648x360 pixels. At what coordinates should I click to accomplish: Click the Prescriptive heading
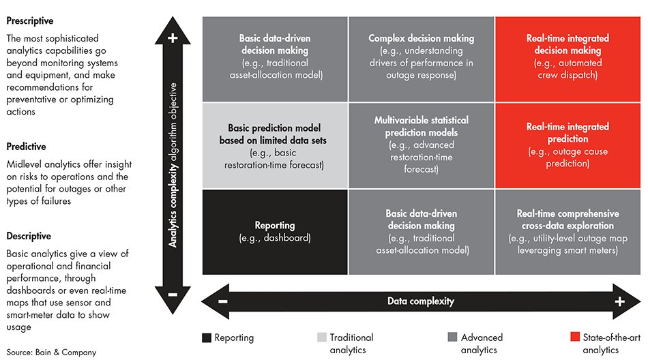click(29, 21)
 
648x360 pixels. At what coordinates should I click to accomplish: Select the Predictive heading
click(26, 147)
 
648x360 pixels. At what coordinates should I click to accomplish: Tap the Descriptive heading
click(29, 236)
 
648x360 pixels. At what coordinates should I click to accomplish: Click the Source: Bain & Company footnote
click(51, 352)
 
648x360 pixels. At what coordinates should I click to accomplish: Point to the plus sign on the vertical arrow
click(173, 38)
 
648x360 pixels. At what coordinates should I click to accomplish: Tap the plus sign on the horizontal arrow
click(619, 301)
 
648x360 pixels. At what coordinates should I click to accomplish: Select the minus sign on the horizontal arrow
click(223, 301)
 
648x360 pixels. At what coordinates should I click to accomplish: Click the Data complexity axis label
click(420, 301)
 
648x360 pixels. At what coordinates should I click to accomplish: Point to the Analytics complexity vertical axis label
click(173, 164)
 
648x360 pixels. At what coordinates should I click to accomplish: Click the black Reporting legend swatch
click(207, 337)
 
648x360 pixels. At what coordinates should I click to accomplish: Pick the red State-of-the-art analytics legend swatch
click(576, 337)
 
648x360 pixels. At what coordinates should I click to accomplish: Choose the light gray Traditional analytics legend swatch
click(322, 337)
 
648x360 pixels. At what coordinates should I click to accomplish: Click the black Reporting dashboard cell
click(275, 232)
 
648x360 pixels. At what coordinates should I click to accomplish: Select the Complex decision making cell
click(421, 57)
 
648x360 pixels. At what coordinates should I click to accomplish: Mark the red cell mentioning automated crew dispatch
click(568, 57)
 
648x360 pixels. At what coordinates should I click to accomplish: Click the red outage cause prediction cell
click(568, 145)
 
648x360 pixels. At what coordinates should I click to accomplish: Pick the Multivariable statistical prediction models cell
click(421, 145)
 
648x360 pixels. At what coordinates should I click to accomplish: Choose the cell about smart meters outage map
click(568, 232)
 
